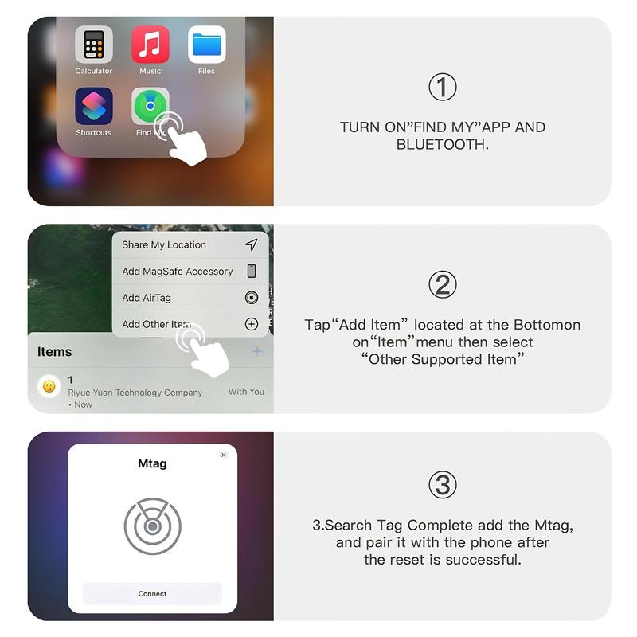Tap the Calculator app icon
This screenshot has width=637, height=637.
[94, 45]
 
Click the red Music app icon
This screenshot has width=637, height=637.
[150, 45]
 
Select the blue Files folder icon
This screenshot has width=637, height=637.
[206, 45]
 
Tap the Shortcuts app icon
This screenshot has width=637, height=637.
[94, 107]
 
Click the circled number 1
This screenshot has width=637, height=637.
[443, 87]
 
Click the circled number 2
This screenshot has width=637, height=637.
[443, 285]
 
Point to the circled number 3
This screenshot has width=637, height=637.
[443, 484]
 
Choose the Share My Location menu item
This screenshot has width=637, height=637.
[164, 245]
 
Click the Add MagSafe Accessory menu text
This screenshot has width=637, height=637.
[178, 272]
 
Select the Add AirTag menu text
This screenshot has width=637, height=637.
[147, 298]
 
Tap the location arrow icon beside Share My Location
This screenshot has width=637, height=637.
[252, 244]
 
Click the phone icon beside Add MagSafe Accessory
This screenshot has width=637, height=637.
[252, 272]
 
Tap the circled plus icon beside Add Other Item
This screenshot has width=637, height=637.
[252, 324]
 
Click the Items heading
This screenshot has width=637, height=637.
[55, 352]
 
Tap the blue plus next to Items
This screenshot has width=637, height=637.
[256, 351]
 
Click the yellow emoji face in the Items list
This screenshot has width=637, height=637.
[49, 386]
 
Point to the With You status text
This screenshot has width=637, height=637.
[246, 392]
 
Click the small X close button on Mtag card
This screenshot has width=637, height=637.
[224, 455]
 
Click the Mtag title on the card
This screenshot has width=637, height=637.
[152, 463]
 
